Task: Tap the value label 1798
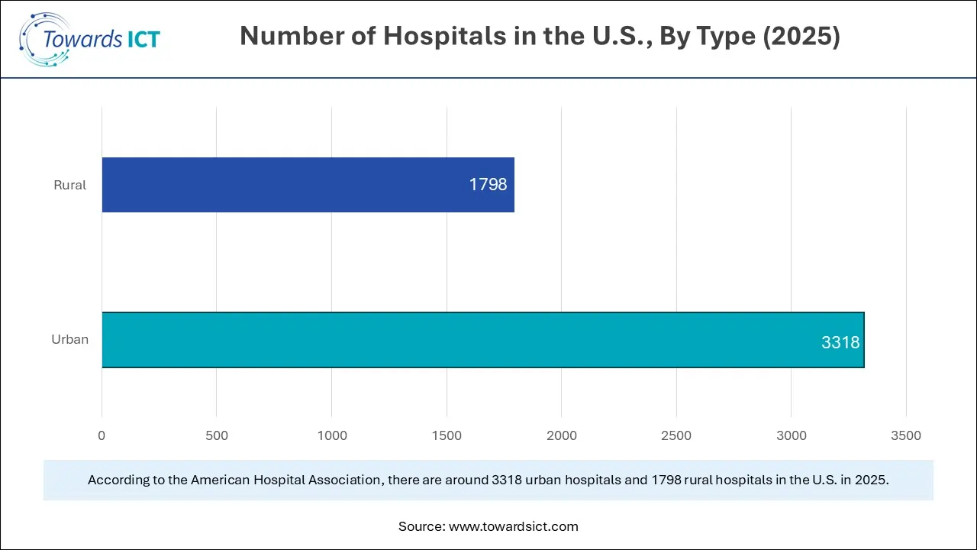tap(488, 185)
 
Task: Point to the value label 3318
tap(840, 343)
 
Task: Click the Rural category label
tap(69, 185)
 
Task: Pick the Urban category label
tap(69, 339)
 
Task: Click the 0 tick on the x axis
tap(102, 435)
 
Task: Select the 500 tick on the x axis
tap(217, 435)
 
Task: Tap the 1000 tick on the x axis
tap(331, 435)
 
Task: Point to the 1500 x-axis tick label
tap(447, 435)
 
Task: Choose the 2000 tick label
tap(561, 435)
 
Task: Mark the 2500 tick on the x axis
tap(676, 435)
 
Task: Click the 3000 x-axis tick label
tap(791, 435)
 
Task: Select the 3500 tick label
tap(906, 435)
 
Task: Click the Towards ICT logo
tap(89, 38)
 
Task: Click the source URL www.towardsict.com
tap(514, 526)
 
